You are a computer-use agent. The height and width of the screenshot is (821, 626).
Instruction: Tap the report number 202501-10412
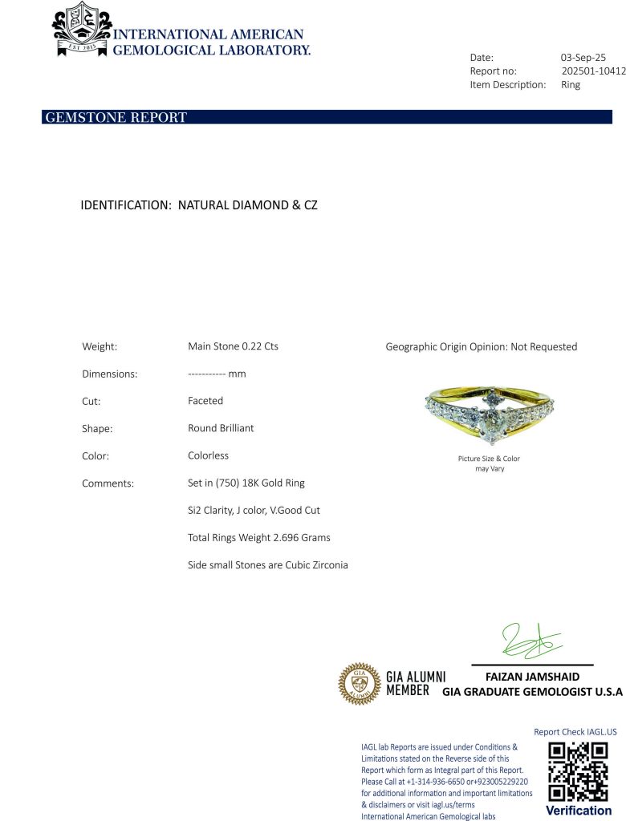coord(593,71)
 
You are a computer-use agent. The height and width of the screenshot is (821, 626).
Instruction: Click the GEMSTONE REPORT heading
coord(116,118)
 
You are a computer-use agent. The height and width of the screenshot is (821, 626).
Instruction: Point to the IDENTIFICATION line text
coord(199,205)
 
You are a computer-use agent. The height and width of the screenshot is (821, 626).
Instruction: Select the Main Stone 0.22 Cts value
coord(233,346)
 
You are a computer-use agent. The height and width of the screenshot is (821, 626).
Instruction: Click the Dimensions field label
coord(110,374)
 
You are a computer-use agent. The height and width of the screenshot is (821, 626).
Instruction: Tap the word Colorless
coord(208,455)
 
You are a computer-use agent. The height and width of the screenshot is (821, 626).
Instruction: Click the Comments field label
coord(108,483)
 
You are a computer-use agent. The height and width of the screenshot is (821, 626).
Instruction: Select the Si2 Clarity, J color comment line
coord(254,510)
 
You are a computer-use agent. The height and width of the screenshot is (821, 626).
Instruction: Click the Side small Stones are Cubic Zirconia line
coord(268,564)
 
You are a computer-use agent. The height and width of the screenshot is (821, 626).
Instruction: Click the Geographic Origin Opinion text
coord(481,347)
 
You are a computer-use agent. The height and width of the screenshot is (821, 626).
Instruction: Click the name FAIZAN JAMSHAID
coord(532,677)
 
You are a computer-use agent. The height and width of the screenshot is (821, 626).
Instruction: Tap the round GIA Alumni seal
coord(359,684)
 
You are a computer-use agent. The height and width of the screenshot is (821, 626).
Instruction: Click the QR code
coord(578,771)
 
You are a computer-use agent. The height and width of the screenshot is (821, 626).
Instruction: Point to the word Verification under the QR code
coord(578,811)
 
